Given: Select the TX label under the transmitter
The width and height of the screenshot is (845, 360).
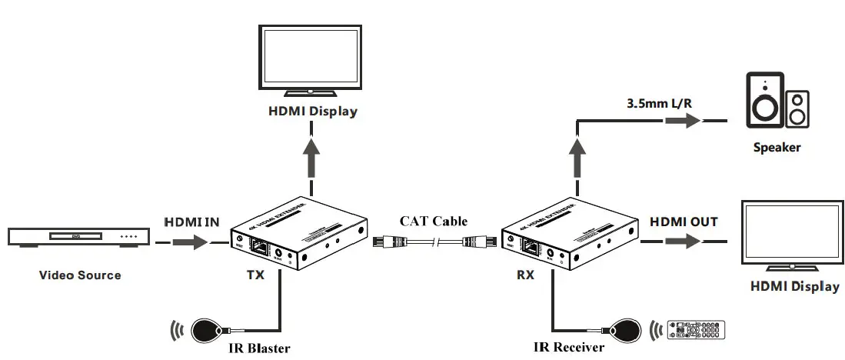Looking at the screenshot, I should pos(254,275).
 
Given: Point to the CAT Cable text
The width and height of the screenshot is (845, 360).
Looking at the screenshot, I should pos(433,222).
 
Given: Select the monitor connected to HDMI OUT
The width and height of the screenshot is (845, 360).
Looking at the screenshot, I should pos(792,235).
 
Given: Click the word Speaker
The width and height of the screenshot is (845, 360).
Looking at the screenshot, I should pos(777,147).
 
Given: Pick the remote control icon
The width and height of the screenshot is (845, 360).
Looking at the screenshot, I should pos(697,329).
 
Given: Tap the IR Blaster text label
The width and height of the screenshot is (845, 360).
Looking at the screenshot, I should pos(259,348).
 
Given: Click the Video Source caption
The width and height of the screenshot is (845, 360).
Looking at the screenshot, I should pos(80,275).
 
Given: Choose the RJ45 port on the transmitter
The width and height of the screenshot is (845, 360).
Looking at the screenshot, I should pos(261,248).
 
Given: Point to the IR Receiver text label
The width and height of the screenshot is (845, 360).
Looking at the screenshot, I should pos(569,346).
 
